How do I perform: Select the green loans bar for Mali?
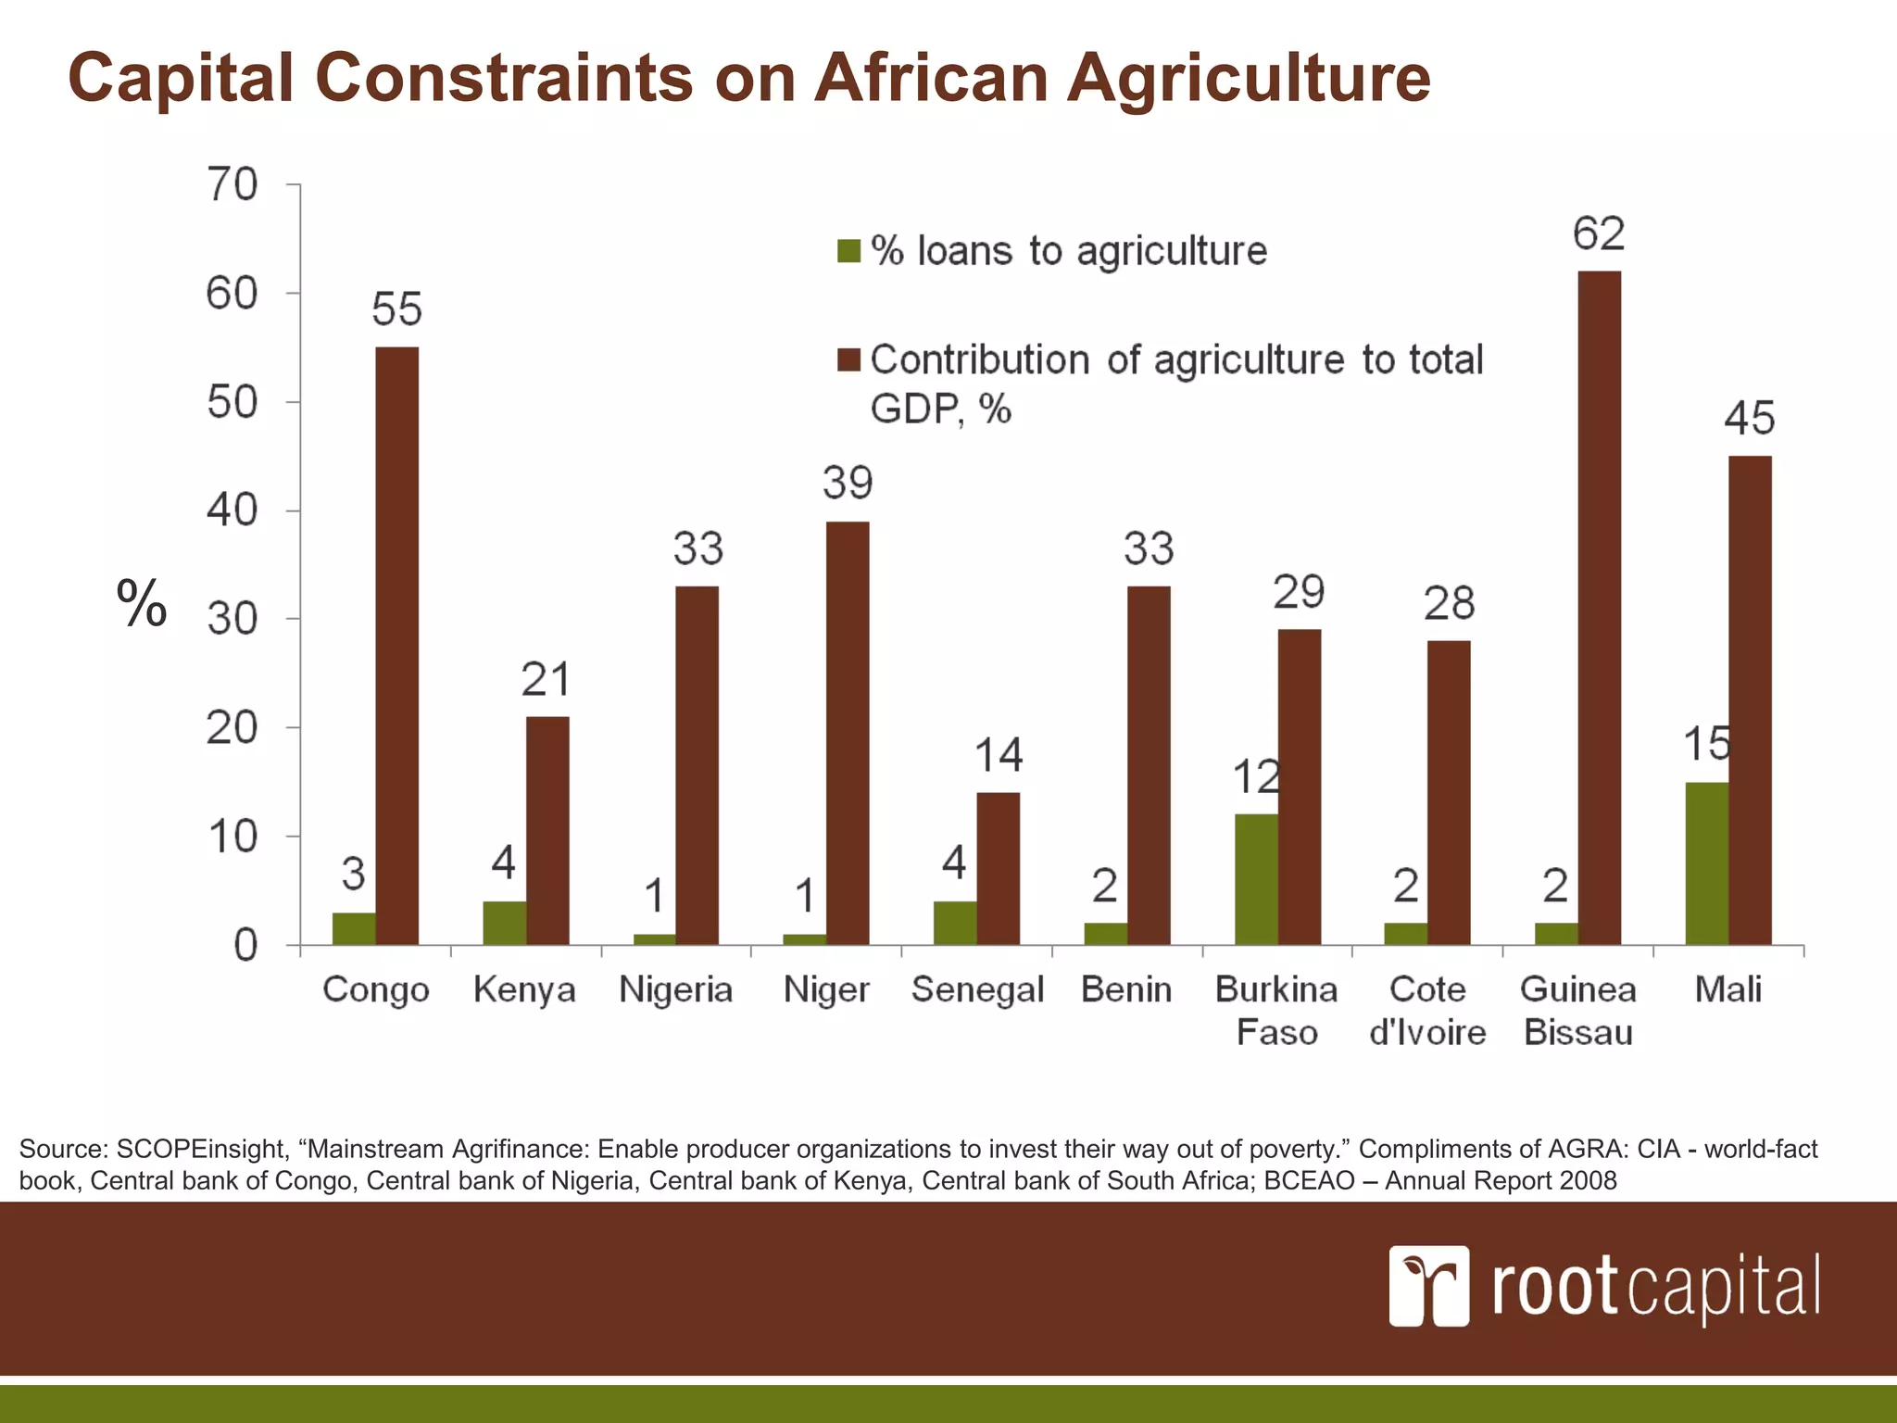coord(1706,863)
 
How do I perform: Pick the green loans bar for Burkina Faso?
coord(1256,879)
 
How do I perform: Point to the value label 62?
coord(1598,233)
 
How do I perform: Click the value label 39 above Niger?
coord(847,484)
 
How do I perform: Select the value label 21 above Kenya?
coord(546,680)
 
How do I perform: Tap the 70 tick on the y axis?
coord(232,184)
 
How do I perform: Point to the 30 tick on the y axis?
coord(232,619)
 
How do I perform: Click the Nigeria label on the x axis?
coord(675,989)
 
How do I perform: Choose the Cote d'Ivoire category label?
coord(1427,1010)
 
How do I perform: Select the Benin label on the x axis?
coord(1126,989)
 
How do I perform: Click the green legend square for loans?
coord(848,251)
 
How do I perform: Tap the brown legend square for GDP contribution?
coord(848,360)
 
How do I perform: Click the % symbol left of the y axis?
coord(142,603)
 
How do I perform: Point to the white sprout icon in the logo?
coord(1428,1285)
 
